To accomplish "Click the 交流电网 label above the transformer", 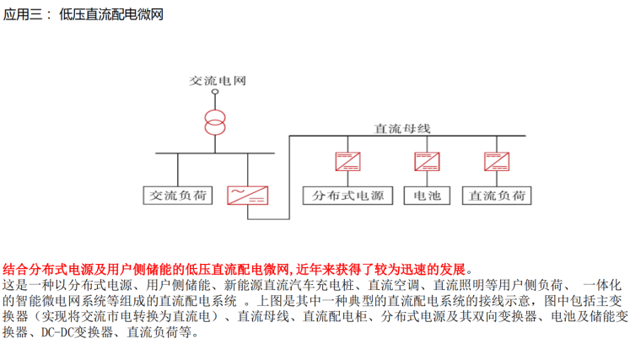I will coord(217,81).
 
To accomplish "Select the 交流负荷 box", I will coord(176,196).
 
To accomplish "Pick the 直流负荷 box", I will coord(497,196).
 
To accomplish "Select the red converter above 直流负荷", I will coord(497,160).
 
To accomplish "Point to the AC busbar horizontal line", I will coord(215,153).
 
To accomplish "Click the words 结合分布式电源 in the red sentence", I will coord(49,269).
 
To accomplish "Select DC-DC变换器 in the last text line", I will coord(72,332).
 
